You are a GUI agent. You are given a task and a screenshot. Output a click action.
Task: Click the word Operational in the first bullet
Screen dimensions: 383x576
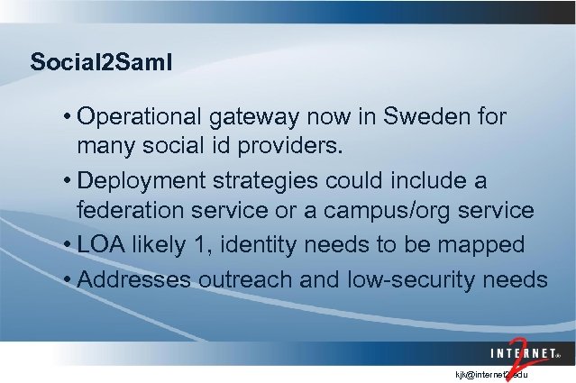pos(143,117)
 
